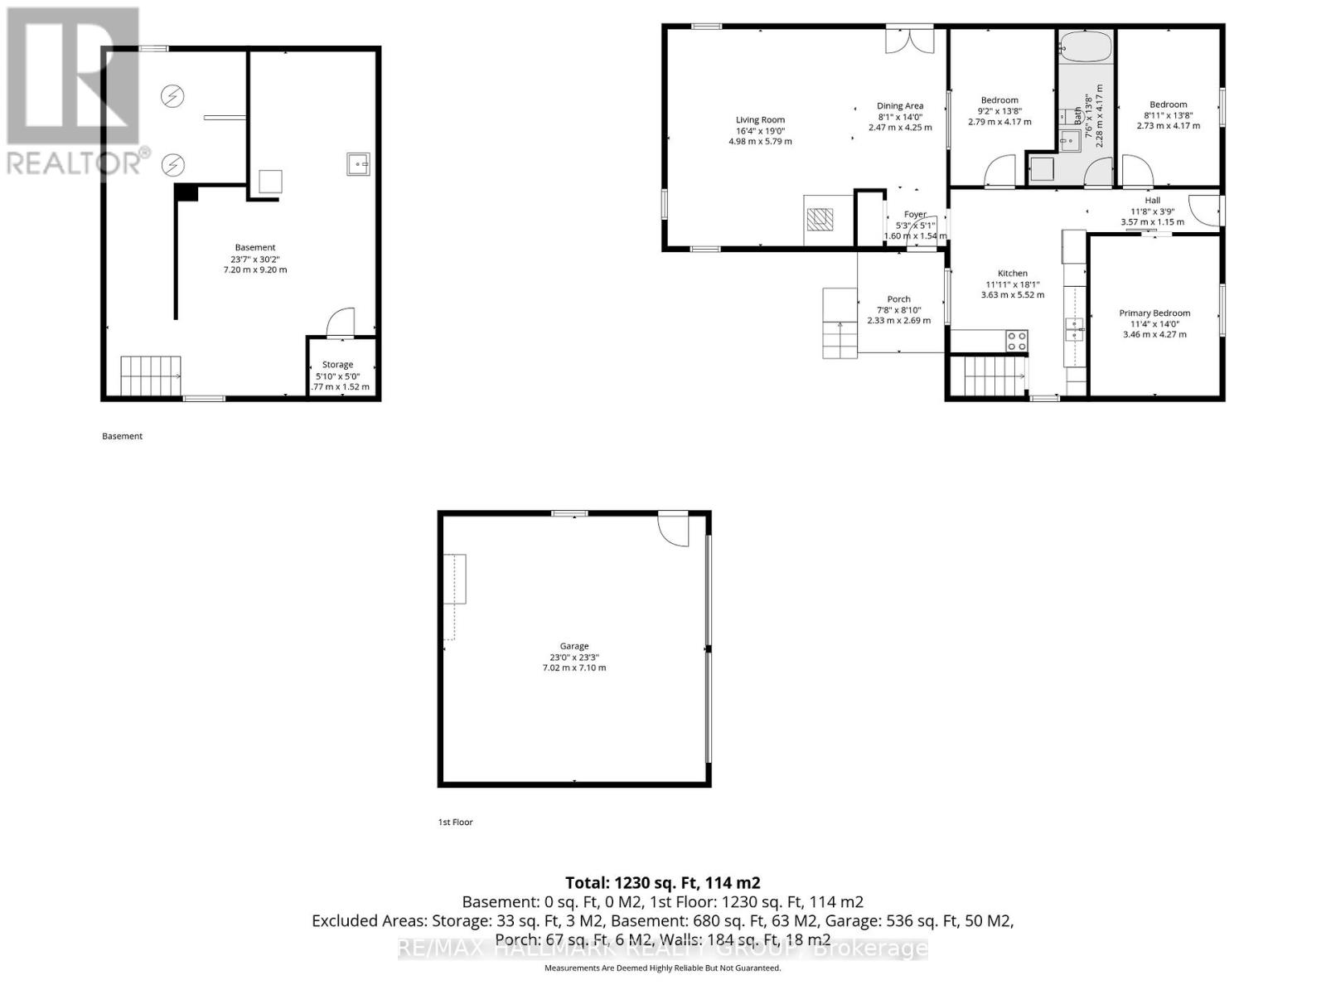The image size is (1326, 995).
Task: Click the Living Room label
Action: click(x=760, y=119)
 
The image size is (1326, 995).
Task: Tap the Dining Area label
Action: click(x=900, y=105)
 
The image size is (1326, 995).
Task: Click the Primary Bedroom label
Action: click(x=1154, y=313)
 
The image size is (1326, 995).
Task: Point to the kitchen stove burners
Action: click(x=1017, y=340)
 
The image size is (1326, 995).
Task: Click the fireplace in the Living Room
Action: click(x=820, y=219)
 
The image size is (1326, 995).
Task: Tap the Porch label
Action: click(x=898, y=298)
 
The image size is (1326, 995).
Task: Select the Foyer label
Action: click(x=915, y=214)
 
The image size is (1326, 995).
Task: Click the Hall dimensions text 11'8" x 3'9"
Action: click(x=1152, y=211)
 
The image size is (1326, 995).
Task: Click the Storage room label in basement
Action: click(x=337, y=364)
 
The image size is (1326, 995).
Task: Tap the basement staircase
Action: click(x=151, y=376)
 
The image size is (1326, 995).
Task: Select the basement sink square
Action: click(x=358, y=164)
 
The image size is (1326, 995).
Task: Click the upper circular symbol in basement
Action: click(x=172, y=96)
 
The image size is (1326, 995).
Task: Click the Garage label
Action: click(x=573, y=646)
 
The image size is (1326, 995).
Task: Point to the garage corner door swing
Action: click(x=673, y=529)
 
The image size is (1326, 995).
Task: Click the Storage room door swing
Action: click(x=340, y=323)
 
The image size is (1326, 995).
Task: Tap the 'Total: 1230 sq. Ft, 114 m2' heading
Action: click(x=662, y=883)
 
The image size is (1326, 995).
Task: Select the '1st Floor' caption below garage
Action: click(x=455, y=822)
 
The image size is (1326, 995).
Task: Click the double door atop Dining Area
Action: click(x=909, y=40)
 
